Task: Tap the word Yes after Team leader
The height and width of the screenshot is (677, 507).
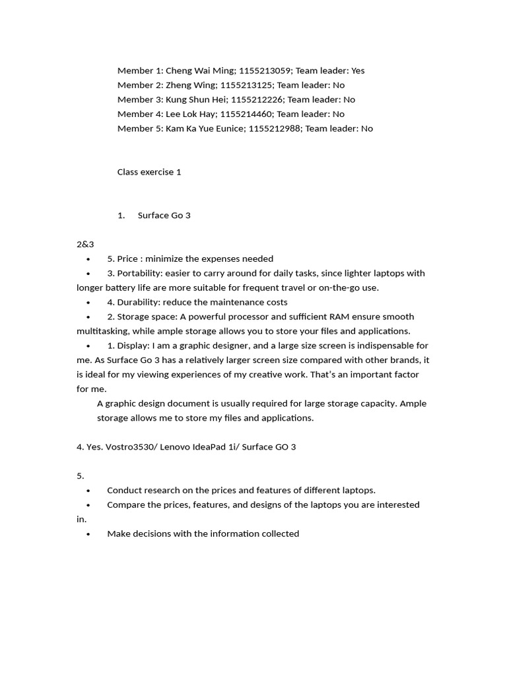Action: tap(358, 71)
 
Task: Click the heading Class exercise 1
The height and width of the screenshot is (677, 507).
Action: tap(149, 173)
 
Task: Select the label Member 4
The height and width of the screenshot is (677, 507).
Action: tap(139, 114)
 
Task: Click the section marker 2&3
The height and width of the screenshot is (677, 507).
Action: tap(85, 245)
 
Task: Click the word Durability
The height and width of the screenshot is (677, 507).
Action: tap(137, 303)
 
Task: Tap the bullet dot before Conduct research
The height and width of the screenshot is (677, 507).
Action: tap(88, 491)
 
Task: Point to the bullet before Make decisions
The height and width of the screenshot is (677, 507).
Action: tap(88, 534)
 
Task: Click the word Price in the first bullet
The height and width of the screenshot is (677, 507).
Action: tap(128, 259)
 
